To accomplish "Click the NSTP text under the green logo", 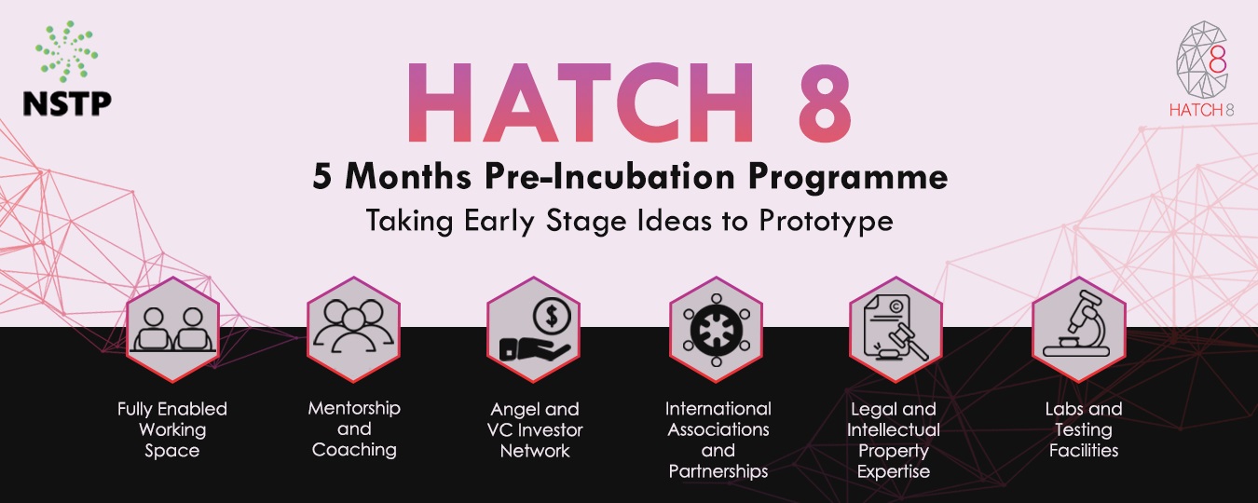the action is pos(67,103).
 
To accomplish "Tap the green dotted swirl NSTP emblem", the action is pos(67,51).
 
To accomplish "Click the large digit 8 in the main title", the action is pos(824,102).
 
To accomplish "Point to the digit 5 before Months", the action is pos(322,177).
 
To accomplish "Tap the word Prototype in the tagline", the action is pos(827,221).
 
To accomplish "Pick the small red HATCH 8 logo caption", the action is pos(1201,110).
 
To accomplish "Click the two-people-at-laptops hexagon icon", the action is pos(172,330).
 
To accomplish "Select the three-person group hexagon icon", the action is pos(353,330).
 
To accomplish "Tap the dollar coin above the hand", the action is pos(552,317).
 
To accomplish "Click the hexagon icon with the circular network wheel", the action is pos(716,330).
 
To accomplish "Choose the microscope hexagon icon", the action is pos(1079,330).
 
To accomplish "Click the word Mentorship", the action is pos(354,408).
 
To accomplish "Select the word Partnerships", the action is pos(718,471).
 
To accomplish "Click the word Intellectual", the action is pos(894,430).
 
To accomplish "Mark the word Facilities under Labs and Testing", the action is pos(1084,451).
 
